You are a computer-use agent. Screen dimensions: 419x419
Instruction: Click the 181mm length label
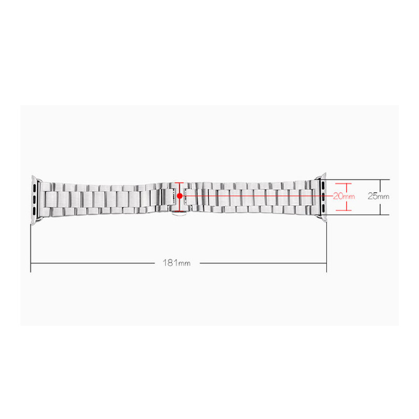pyautogui.click(x=177, y=263)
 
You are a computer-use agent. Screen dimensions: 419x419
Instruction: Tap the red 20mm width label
pyautogui.click(x=344, y=196)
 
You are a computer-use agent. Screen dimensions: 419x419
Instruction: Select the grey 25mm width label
pyautogui.click(x=378, y=196)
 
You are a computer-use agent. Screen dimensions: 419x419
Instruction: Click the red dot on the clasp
pyautogui.click(x=180, y=196)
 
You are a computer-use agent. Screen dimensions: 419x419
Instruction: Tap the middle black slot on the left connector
pyautogui.click(x=34, y=199)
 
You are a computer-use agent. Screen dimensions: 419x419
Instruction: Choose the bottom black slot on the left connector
pyautogui.click(x=34, y=211)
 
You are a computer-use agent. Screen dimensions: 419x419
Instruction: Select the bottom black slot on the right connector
pyautogui.click(x=323, y=208)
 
